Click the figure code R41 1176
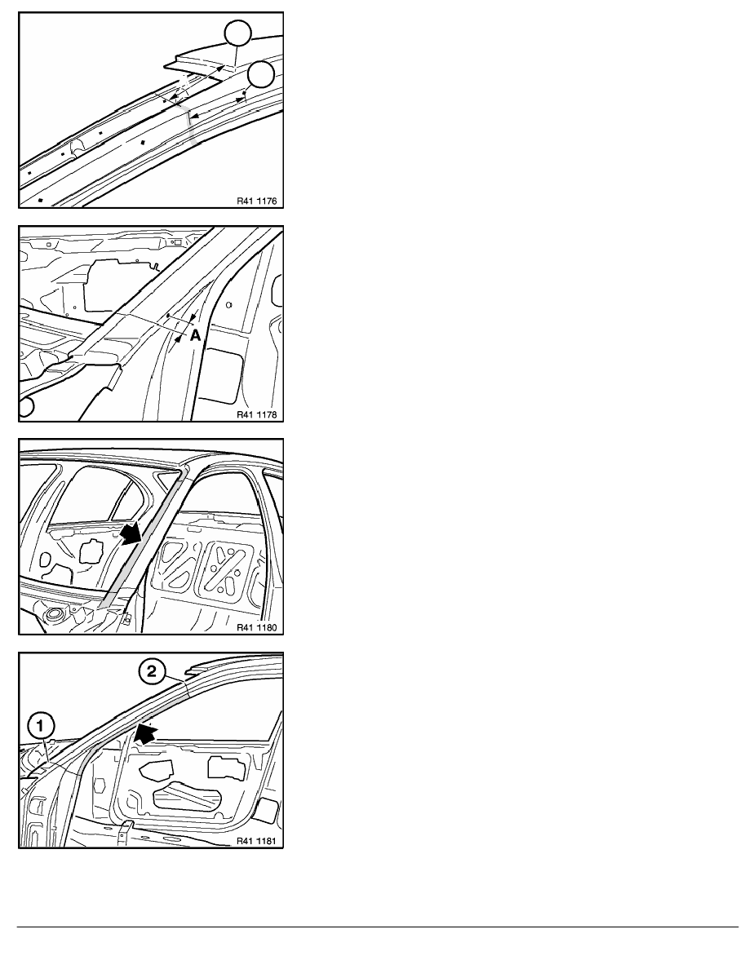click(x=257, y=201)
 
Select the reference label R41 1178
click(x=257, y=414)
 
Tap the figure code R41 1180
click(x=257, y=628)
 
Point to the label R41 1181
click(x=257, y=841)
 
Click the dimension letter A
click(x=195, y=335)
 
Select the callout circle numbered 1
click(x=41, y=725)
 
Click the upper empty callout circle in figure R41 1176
click(x=238, y=33)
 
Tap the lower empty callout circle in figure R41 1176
click(x=261, y=75)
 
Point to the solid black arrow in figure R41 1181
click(x=146, y=733)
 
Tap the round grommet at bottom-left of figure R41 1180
click(x=55, y=615)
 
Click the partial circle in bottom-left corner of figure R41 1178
click(x=26, y=407)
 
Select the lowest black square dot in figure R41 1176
click(x=40, y=200)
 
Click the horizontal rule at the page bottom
click(x=378, y=927)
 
